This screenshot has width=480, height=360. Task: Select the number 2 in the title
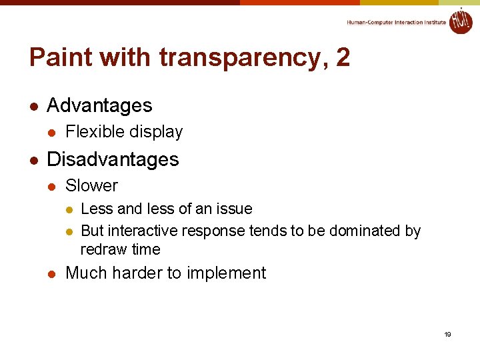pyautogui.click(x=343, y=58)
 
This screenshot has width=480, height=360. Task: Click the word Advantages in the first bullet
pyautogui.click(x=99, y=105)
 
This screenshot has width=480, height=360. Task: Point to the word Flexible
pyautogui.click(x=91, y=132)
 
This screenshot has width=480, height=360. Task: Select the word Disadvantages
pyautogui.click(x=113, y=159)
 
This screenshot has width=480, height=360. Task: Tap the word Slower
pyautogui.click(x=91, y=186)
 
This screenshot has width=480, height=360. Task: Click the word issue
pyautogui.click(x=233, y=209)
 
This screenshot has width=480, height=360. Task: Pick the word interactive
pyautogui.click(x=142, y=231)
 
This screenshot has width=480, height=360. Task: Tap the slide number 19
pyautogui.click(x=448, y=334)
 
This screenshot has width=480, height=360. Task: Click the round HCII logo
pyautogui.click(x=460, y=21)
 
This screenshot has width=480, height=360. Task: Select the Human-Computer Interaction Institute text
pyautogui.click(x=396, y=23)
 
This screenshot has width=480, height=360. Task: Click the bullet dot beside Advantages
pyautogui.click(x=33, y=106)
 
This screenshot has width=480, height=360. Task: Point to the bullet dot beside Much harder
pyautogui.click(x=52, y=273)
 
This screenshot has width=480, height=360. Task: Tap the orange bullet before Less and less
pyautogui.click(x=69, y=209)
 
